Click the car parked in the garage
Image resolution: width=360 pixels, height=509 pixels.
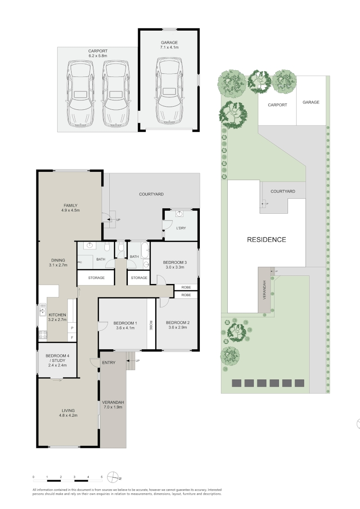[169, 91]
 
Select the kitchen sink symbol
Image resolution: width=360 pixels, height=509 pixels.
[42, 310]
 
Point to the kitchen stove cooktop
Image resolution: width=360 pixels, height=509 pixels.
[43, 334]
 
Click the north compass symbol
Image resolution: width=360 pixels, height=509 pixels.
[113, 477]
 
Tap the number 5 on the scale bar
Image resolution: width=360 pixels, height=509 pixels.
[102, 477]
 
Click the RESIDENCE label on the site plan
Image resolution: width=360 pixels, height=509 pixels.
[266, 239]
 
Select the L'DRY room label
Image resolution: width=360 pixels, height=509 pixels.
[181, 228]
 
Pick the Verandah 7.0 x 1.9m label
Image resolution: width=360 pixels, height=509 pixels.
[113, 405]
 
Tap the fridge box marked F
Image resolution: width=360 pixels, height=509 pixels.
[72, 338]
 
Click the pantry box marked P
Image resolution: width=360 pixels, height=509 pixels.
[72, 328]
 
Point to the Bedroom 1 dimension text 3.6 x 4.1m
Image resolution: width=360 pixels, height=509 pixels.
[125, 328]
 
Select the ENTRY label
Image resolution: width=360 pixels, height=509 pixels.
[108, 363]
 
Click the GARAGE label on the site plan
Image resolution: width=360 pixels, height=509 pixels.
[311, 102]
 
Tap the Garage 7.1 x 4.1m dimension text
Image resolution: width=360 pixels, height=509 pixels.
[169, 47]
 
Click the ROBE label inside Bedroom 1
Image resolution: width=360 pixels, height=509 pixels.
[151, 325]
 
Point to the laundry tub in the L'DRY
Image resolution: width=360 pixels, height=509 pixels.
[180, 213]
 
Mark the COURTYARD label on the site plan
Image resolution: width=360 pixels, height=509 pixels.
[283, 192]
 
